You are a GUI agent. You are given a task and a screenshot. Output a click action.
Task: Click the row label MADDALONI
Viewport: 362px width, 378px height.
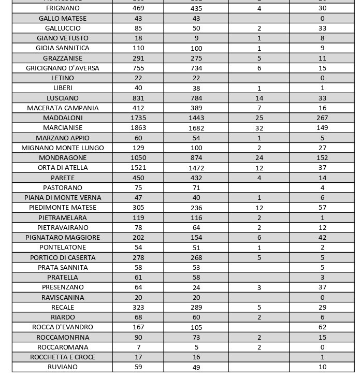click(x=63, y=118)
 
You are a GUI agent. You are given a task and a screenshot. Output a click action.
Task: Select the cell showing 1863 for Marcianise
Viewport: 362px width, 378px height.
click(x=138, y=127)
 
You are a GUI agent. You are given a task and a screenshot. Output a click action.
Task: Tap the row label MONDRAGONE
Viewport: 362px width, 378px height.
click(x=63, y=157)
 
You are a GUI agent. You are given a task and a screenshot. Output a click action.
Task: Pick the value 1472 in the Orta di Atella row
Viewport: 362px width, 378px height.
click(x=196, y=168)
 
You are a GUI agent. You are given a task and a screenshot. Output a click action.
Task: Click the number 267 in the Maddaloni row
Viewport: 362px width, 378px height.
click(x=322, y=118)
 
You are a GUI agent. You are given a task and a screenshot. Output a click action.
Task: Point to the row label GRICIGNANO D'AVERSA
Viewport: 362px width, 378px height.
click(x=63, y=68)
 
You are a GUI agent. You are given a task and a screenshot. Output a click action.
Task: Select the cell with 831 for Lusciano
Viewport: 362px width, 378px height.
click(x=138, y=98)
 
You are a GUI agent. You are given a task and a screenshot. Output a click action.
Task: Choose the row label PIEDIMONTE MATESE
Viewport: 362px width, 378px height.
click(x=63, y=207)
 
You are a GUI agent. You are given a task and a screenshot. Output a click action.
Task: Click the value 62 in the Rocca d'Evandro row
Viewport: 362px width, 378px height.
click(x=322, y=327)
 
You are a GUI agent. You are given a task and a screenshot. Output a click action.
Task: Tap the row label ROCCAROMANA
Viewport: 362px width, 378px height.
click(x=63, y=347)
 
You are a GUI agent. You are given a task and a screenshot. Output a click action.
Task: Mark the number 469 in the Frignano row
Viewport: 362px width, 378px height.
click(x=138, y=8)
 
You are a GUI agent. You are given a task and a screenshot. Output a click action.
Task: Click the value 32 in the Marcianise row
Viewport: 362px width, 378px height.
click(x=259, y=128)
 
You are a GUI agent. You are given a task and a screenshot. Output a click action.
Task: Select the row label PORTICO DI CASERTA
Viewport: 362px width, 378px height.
click(x=63, y=257)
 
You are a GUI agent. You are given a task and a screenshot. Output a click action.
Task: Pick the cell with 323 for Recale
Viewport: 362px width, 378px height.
click(x=138, y=307)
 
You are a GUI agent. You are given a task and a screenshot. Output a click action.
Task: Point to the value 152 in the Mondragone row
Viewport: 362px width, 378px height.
click(x=322, y=157)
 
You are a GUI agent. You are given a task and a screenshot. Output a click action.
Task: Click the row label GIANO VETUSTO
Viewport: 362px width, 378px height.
click(x=63, y=38)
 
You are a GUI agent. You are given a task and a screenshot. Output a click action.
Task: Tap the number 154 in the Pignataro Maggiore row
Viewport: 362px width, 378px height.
click(x=196, y=237)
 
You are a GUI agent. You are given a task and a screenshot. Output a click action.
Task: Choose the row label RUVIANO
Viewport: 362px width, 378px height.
click(x=63, y=367)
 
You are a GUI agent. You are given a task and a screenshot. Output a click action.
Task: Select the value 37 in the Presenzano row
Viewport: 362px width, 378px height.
click(x=322, y=287)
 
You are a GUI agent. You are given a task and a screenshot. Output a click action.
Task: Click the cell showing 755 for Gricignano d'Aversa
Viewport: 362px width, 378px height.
click(x=138, y=68)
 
